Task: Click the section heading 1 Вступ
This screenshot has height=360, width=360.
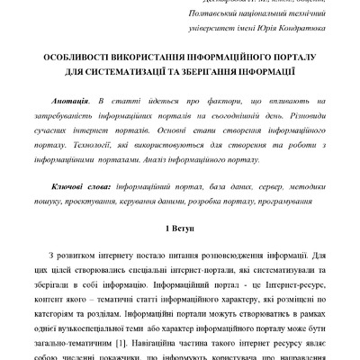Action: click(179, 217)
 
